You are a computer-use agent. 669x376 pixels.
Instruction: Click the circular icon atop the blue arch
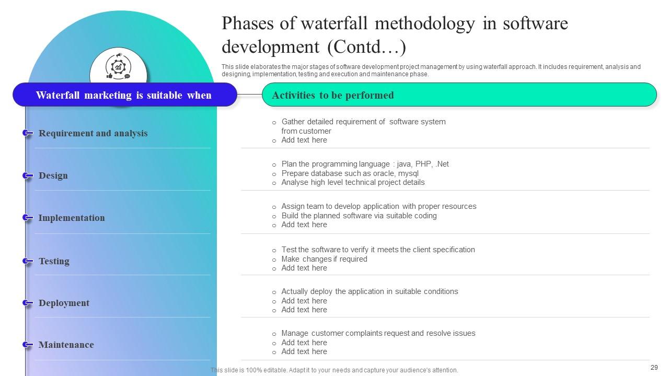coord(118,67)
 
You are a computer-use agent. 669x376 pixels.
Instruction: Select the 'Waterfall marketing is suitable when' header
coord(124,95)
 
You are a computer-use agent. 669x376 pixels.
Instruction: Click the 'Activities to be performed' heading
coord(333,95)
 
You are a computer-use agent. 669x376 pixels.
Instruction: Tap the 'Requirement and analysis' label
coord(93,133)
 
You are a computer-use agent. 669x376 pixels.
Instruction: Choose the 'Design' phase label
coord(53,175)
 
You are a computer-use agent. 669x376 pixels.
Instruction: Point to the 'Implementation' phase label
coord(72,218)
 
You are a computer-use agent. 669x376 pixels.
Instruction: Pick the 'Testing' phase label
coord(54,261)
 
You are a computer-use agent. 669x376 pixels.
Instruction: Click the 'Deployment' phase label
coord(64,303)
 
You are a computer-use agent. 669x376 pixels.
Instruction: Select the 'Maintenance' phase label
coord(66,345)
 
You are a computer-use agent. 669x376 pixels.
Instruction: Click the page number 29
coord(654,368)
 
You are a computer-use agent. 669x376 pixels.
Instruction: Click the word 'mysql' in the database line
coord(408,173)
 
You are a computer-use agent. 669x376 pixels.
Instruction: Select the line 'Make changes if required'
coord(324,259)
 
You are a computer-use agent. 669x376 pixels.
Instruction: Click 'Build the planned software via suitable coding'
coord(359,216)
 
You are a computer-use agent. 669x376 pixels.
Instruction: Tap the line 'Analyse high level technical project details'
coord(353,182)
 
